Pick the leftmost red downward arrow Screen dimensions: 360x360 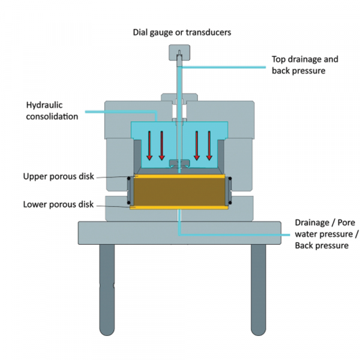click(150, 145)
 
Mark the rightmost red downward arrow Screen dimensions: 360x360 click(209, 145)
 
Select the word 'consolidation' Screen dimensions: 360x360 click(52, 116)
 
